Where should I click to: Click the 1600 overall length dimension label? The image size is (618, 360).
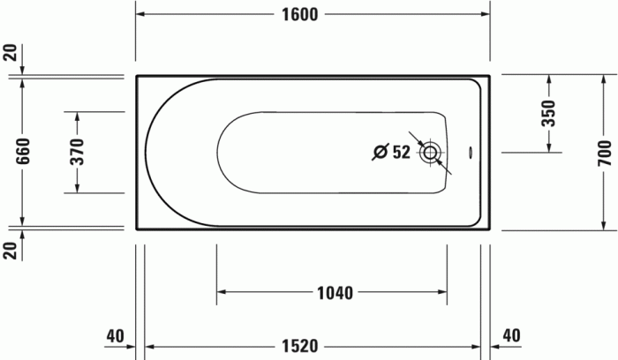(x=301, y=14)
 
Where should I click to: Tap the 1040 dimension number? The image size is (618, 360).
(x=334, y=293)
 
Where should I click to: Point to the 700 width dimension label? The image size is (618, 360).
(x=605, y=153)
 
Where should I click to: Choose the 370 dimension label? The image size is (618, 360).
(x=77, y=153)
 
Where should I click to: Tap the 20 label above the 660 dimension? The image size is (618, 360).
(x=10, y=51)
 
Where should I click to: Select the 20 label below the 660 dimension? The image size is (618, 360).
(x=10, y=251)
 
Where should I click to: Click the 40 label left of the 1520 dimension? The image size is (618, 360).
(x=115, y=335)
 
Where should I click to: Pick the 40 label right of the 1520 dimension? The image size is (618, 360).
(x=511, y=335)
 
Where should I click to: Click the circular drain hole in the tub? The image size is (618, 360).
(x=430, y=152)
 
